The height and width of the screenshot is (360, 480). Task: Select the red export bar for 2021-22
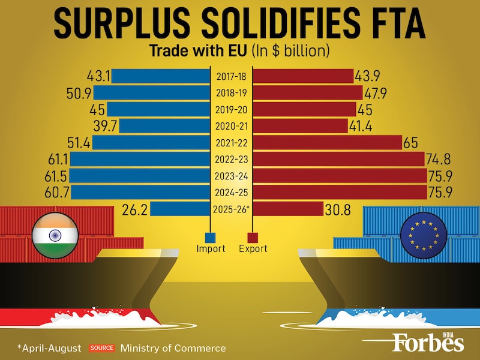click(x=328, y=142)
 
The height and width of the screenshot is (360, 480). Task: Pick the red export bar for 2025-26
click(x=289, y=208)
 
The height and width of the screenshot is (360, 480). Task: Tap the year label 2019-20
click(x=230, y=110)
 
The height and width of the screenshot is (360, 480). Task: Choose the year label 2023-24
click(x=230, y=176)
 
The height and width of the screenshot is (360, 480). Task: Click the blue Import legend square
click(x=211, y=237)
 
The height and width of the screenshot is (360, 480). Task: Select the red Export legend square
click(x=253, y=237)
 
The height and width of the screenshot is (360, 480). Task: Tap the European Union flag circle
click(x=423, y=234)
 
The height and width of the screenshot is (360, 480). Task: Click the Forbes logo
click(x=428, y=342)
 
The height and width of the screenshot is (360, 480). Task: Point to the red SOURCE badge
click(x=102, y=348)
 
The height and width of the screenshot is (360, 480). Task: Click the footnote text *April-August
click(x=50, y=348)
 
